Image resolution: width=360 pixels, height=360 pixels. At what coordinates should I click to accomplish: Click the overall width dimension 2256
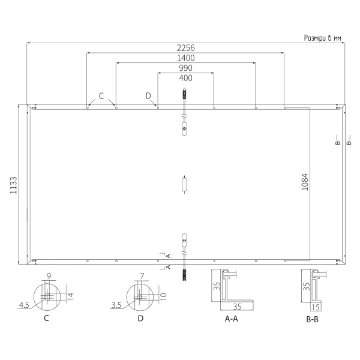[x=185, y=48]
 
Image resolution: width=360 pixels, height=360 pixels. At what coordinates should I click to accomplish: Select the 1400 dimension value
[x=185, y=58]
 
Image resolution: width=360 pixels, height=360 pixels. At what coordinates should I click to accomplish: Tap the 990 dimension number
[x=185, y=68]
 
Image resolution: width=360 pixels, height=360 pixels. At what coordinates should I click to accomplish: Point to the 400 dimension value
[x=185, y=78]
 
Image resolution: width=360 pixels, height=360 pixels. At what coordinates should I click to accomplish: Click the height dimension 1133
[x=14, y=185]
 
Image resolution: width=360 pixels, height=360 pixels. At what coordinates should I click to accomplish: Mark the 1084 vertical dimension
[x=305, y=182]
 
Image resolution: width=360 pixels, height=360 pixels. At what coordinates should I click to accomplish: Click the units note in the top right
[x=323, y=38]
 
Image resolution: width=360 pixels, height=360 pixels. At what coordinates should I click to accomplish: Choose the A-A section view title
[x=231, y=319]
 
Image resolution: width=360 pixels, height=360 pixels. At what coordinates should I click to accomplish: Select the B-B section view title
[x=312, y=319]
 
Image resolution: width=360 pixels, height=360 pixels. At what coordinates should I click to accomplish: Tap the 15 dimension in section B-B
[x=316, y=307]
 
